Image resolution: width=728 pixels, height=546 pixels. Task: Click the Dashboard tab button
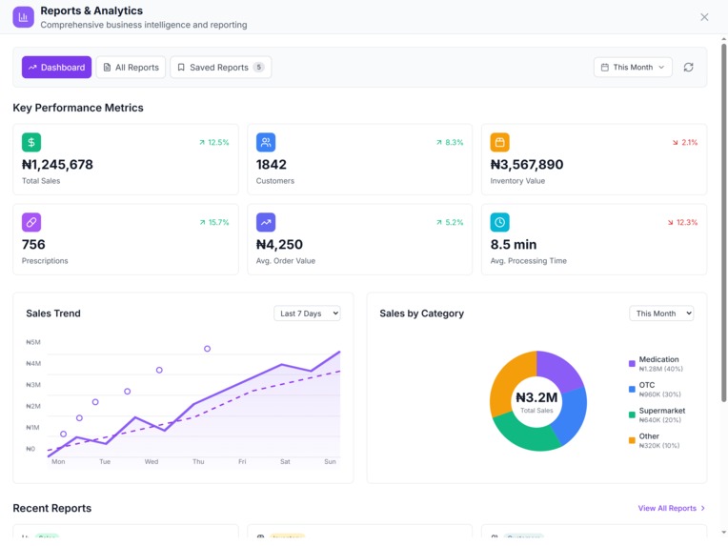click(x=56, y=68)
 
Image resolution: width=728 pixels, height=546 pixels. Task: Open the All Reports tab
click(x=131, y=68)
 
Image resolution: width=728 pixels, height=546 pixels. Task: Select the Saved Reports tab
click(x=220, y=68)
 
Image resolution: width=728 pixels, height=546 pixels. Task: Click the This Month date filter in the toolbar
click(x=633, y=68)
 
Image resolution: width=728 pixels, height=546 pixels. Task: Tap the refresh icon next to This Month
click(x=688, y=68)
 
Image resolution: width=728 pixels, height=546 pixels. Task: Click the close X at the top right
click(x=704, y=17)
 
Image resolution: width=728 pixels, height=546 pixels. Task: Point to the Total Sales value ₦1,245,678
click(x=57, y=165)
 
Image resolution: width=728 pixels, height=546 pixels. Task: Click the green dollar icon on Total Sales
click(x=31, y=142)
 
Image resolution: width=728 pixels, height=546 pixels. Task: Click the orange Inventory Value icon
click(x=499, y=142)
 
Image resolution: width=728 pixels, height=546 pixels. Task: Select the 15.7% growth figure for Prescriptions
click(x=213, y=223)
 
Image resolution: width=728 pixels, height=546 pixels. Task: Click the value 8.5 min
click(x=514, y=245)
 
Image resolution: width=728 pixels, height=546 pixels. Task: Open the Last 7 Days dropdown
click(x=307, y=313)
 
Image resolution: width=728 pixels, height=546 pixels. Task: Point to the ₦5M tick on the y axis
click(x=33, y=342)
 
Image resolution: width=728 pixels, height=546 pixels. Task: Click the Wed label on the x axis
click(x=152, y=461)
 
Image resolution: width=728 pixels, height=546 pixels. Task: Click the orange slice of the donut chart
click(x=510, y=381)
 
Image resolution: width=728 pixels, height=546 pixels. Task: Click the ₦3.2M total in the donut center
click(x=536, y=397)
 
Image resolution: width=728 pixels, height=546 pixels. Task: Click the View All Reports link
click(x=672, y=509)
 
